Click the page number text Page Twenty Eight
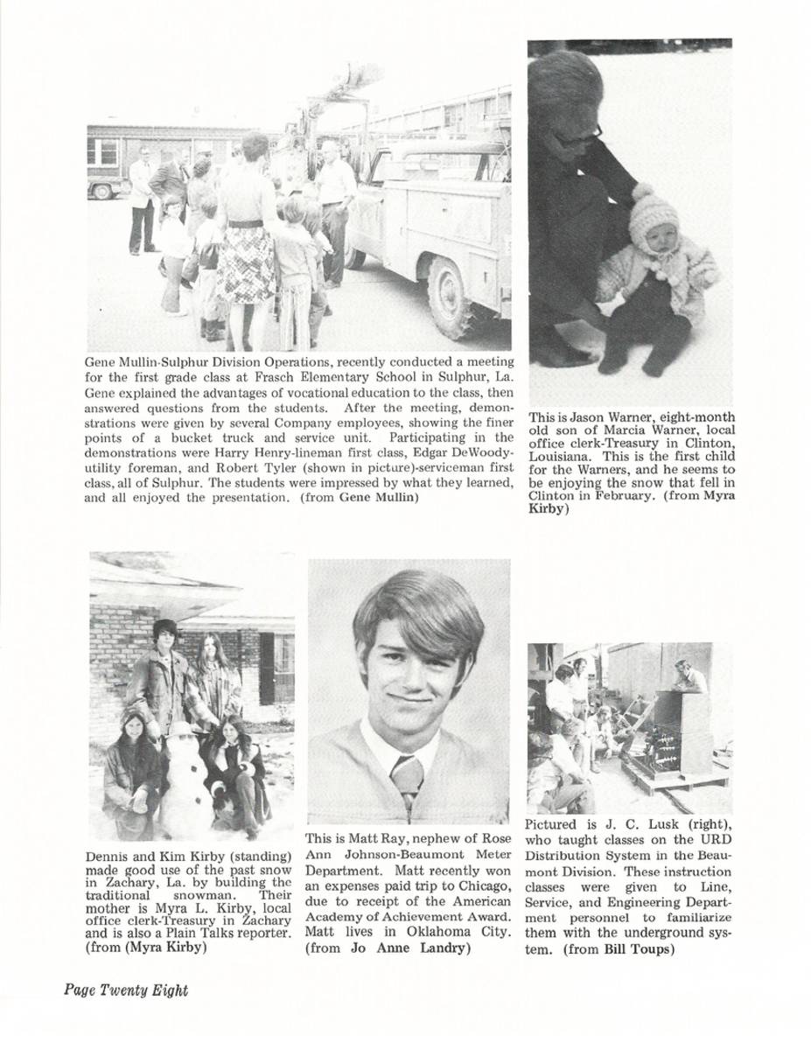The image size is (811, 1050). tap(125, 990)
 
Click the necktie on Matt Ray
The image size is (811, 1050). tap(406, 779)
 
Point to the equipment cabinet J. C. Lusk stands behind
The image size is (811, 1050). tap(683, 732)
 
